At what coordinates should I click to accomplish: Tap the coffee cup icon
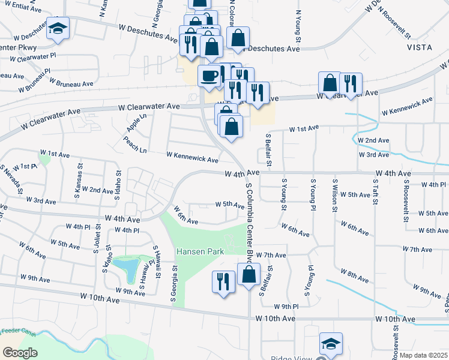(x=209, y=75)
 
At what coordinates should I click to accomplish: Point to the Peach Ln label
(x=135, y=146)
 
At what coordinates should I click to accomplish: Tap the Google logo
(x=20, y=353)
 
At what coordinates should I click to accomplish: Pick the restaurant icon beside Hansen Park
(x=223, y=281)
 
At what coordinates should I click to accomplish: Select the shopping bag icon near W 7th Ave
(x=249, y=276)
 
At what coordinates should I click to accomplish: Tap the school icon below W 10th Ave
(x=330, y=343)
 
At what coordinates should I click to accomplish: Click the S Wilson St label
(x=334, y=195)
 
